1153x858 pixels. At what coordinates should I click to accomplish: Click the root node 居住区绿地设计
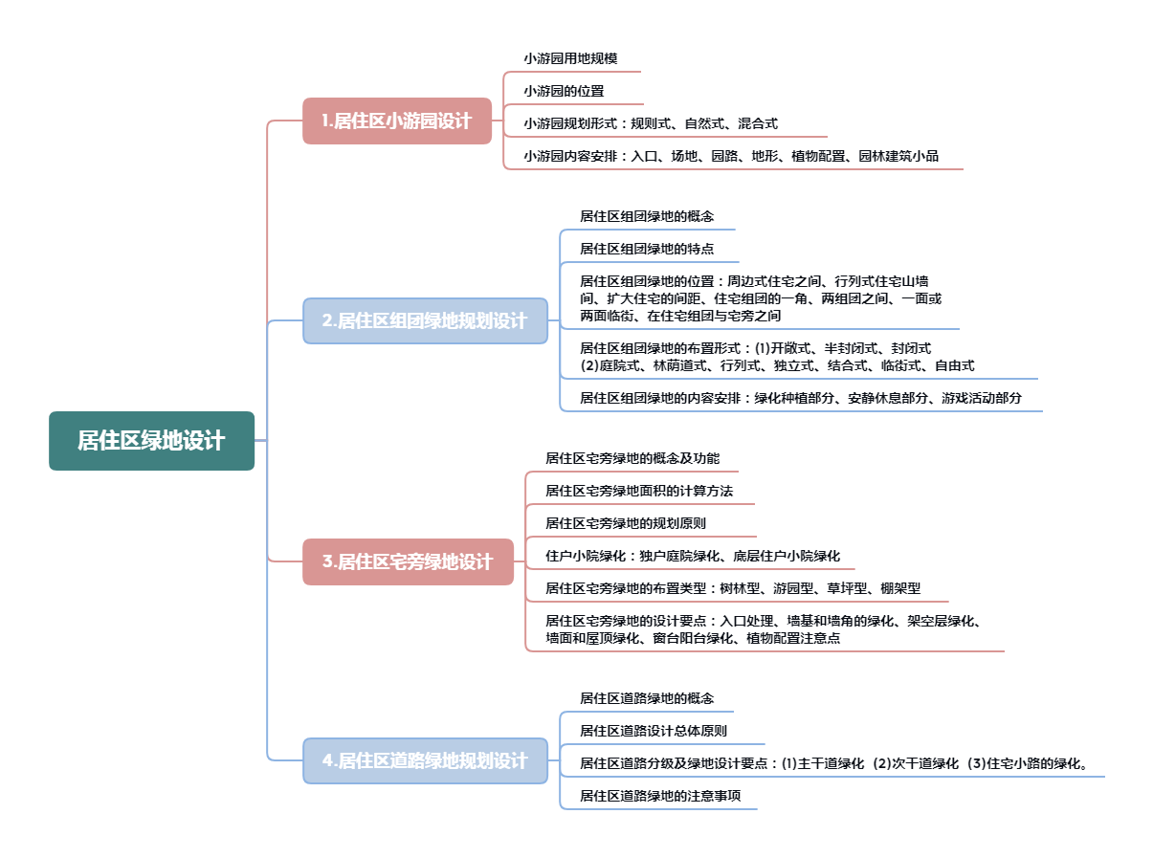pyautogui.click(x=151, y=441)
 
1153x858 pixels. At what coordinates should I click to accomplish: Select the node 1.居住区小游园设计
pyautogui.click(x=397, y=121)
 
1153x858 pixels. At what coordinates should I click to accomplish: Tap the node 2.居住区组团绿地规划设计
pyautogui.click(x=425, y=320)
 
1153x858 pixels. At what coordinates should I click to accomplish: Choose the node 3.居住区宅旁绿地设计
pyautogui.click(x=408, y=561)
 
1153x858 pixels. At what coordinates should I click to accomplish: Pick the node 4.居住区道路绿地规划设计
pyautogui.click(x=425, y=760)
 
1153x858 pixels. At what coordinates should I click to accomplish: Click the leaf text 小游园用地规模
pyautogui.click(x=570, y=58)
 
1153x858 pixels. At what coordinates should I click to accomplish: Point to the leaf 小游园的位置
pyautogui.click(x=564, y=91)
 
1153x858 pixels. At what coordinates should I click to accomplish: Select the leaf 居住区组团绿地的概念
pyautogui.click(x=647, y=216)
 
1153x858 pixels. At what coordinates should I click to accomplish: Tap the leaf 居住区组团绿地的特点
pyautogui.click(x=647, y=249)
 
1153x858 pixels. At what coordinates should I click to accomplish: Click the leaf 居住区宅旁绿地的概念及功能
pyautogui.click(x=632, y=458)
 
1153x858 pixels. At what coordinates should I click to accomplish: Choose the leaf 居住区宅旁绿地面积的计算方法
pyautogui.click(x=639, y=491)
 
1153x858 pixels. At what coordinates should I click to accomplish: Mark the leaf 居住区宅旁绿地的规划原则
pyautogui.click(x=626, y=523)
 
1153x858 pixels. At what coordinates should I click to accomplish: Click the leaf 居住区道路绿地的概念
pyautogui.click(x=647, y=698)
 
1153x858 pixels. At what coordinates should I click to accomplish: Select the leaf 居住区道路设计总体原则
pyautogui.click(x=654, y=731)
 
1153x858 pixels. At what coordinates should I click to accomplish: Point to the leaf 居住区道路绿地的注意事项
pyautogui.click(x=660, y=796)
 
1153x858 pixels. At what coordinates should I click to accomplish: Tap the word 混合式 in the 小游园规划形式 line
pyautogui.click(x=758, y=123)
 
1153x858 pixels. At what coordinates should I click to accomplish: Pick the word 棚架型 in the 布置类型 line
pyautogui.click(x=900, y=588)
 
